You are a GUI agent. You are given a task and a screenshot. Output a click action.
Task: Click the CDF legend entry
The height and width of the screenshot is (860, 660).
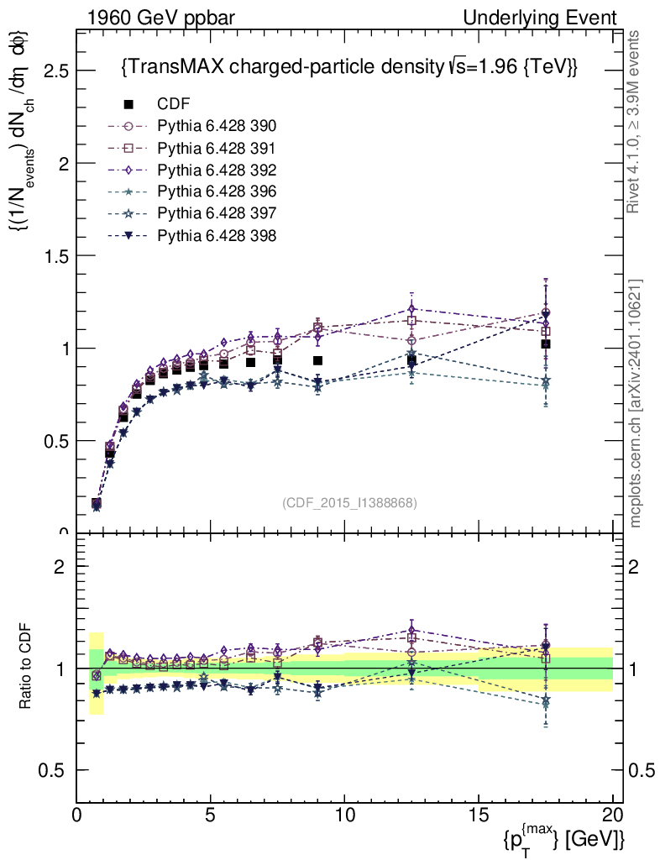point(173,104)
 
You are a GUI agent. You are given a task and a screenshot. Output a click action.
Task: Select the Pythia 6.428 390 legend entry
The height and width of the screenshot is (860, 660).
point(217,126)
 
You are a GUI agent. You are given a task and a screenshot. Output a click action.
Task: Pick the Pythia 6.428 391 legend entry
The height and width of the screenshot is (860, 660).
point(217,148)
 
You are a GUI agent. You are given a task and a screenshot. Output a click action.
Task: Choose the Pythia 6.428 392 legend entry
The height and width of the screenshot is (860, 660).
point(217,170)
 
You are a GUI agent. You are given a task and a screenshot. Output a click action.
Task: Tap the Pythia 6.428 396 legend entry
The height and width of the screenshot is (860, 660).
point(217,191)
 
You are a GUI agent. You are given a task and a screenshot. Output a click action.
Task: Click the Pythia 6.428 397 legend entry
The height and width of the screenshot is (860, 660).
point(217,213)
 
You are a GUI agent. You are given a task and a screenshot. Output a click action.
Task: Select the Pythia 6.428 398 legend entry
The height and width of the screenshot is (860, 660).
point(217,235)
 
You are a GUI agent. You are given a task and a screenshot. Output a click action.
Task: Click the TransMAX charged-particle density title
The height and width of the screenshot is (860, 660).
point(349,66)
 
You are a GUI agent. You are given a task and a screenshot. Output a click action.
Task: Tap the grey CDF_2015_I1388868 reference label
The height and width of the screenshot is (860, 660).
point(349,502)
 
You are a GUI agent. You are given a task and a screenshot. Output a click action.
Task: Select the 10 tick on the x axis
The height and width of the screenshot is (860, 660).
point(344,815)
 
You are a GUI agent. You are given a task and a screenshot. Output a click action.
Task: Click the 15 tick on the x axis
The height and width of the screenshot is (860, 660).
point(479,815)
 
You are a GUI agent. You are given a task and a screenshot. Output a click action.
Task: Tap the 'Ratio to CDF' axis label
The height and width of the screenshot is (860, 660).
point(24,668)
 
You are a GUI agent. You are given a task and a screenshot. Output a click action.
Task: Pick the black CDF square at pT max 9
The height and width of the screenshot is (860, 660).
point(317,360)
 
